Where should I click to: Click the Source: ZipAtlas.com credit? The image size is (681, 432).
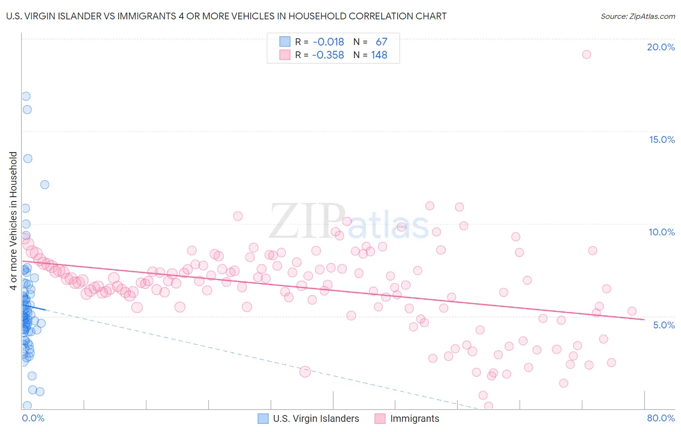pos(637,16)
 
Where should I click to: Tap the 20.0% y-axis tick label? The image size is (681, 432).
pos(661,47)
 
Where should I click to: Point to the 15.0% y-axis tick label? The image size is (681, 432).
pos(662,139)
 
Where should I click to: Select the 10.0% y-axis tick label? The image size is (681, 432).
pos(662,232)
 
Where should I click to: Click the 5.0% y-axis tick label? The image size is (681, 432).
pos(664,325)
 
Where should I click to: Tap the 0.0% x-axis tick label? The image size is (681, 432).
pos(33,418)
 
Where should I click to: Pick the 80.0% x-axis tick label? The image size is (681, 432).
pos(661,418)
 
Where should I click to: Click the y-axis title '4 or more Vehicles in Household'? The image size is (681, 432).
pos(14,221)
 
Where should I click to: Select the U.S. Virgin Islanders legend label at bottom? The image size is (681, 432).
pos(316,418)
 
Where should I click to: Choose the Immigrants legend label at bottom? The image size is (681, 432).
pos(415,418)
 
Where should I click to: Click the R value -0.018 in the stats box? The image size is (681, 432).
pos(328,42)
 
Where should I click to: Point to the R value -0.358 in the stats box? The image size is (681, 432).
pos(328,55)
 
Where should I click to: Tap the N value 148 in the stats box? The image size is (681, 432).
pos(379,55)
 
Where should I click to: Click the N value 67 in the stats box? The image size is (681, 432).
pos(382,42)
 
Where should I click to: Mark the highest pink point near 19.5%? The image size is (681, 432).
pos(587,54)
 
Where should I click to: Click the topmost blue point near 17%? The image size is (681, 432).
pos(26,96)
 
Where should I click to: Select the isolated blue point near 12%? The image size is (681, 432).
pos(45,185)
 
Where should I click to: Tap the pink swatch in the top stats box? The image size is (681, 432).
pos(285,55)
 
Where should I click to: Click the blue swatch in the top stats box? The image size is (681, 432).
pos(285,42)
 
